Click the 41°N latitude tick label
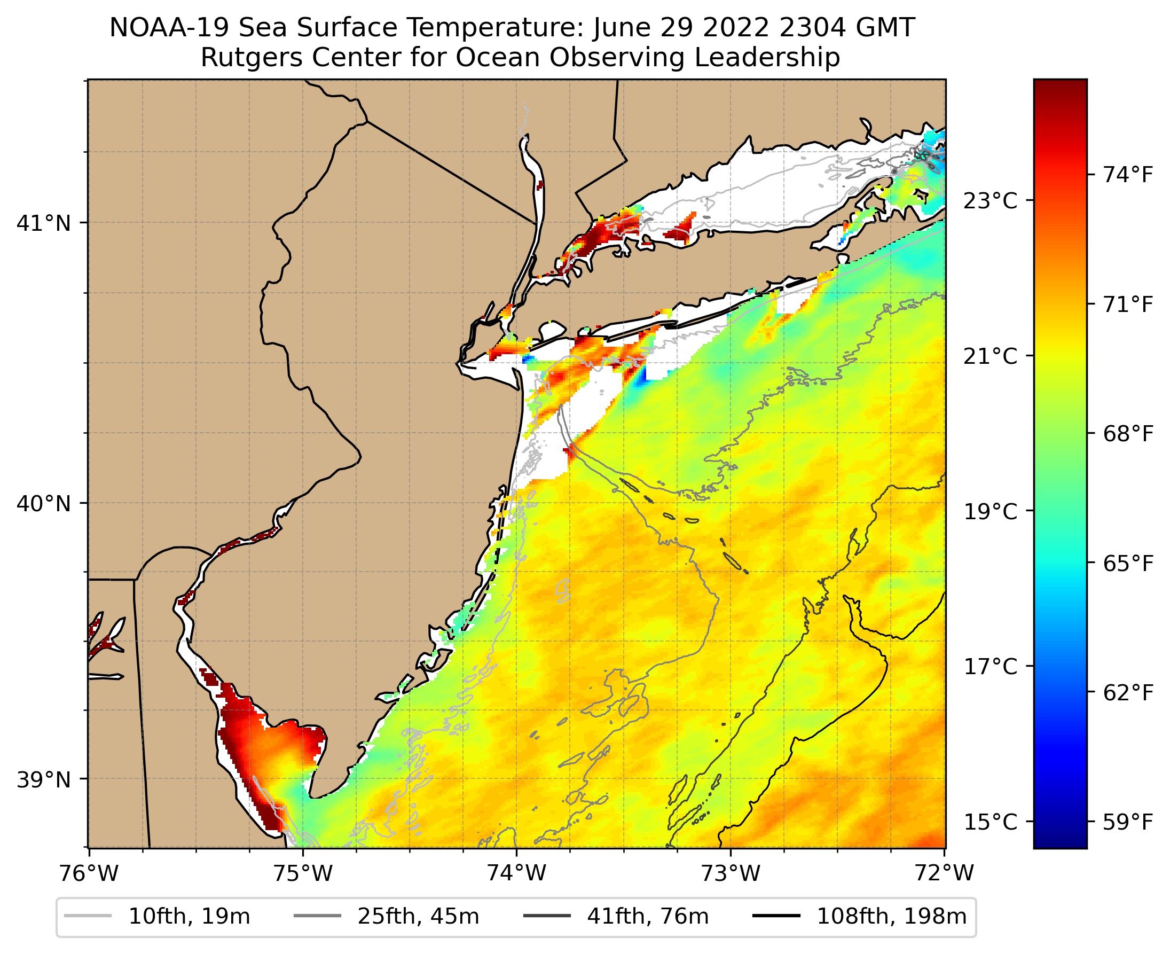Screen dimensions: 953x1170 pos(44,223)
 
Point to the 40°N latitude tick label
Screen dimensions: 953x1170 pos(44,503)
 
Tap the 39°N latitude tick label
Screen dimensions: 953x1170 pos(44,779)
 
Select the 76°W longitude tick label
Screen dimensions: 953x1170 pos(89,873)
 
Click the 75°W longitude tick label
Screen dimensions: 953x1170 pos(303,873)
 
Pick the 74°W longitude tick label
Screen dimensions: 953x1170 pos(517,873)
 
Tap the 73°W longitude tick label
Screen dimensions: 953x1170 pos(731,873)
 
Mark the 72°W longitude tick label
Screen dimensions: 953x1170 pos(945,873)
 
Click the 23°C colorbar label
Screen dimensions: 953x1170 pos(991,201)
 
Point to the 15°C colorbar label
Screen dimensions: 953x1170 pos(991,822)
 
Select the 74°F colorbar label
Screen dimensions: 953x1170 pos(1128,175)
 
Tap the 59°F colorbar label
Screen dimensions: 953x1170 pos(1128,822)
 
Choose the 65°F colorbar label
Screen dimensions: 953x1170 pos(1128,564)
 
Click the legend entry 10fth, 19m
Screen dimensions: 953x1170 pos(189,916)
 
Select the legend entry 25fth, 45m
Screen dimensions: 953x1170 pos(418,916)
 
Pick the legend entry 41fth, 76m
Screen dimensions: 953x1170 pos(648,916)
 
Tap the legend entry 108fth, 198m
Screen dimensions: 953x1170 pos(892,916)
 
